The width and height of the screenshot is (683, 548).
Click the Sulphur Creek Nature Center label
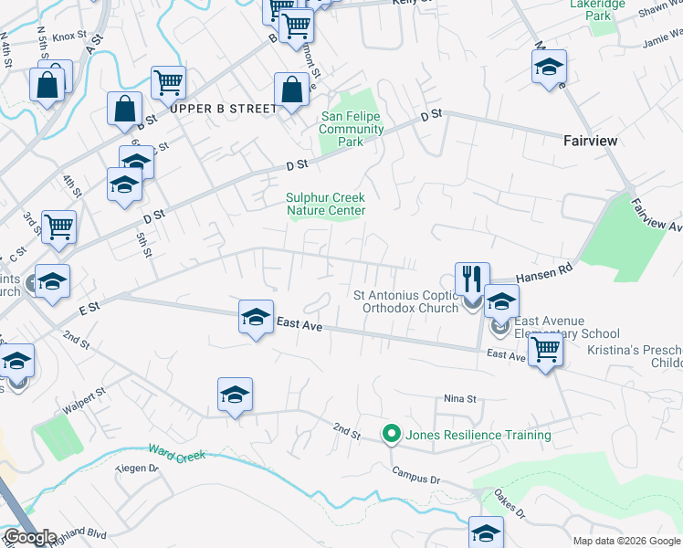pos(326,204)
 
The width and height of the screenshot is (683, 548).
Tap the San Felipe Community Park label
pos(351,129)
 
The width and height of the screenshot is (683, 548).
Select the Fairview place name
pos(590,141)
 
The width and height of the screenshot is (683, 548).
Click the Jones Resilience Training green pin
pos(392,435)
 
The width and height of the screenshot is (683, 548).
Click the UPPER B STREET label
pos(223,109)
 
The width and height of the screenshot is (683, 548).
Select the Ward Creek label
pos(177,453)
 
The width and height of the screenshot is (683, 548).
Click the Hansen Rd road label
pos(542,273)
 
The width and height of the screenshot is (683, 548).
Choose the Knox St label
pos(68,37)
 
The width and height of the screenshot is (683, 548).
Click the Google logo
pos(30,537)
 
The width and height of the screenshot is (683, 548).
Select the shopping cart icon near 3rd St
pos(58,225)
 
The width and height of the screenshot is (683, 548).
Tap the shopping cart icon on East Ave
pos(545,348)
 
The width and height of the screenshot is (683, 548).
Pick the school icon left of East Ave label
pos(255,316)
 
